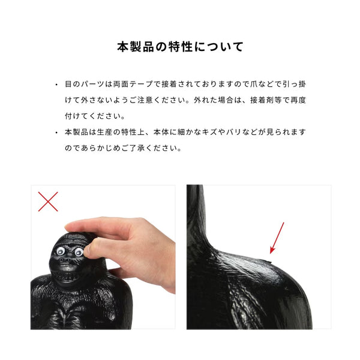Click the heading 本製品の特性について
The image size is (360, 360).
click(180, 47)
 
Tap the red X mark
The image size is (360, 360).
click(48, 201)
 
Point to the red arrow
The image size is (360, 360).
click(277, 237)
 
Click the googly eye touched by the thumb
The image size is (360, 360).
click(79, 253)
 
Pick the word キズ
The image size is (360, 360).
click(220, 132)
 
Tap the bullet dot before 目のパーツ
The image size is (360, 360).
click(56, 85)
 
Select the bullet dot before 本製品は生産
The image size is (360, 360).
click(56, 132)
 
